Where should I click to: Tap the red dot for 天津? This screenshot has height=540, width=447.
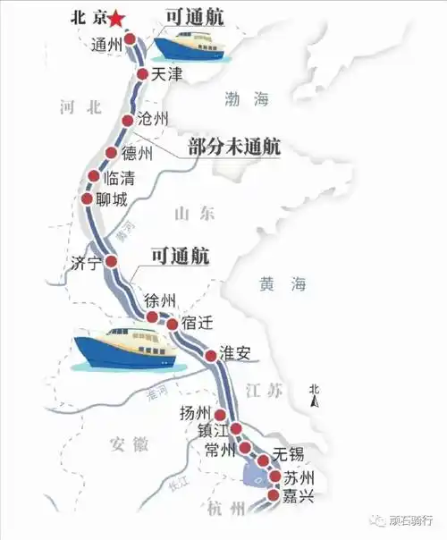click(142, 74)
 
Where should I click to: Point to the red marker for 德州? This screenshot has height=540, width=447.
click(112, 153)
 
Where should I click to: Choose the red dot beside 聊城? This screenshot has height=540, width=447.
click(87, 198)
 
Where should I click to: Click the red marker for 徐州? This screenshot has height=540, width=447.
click(153, 318)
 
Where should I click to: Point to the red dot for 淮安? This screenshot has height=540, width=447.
click(211, 357)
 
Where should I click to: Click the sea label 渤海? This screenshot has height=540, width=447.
click(247, 100)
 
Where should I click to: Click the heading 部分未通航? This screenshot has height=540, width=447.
click(234, 148)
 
